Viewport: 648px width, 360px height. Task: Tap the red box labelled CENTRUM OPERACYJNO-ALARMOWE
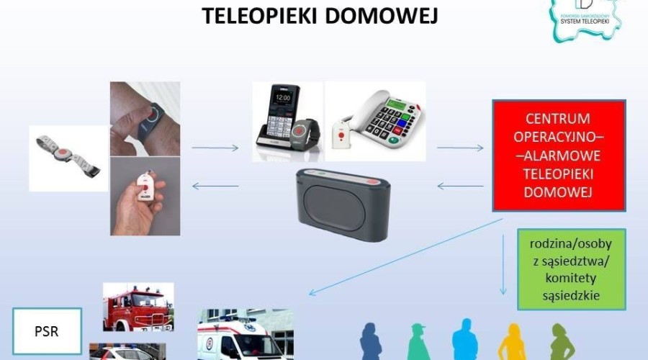pyautogui.click(x=558, y=156)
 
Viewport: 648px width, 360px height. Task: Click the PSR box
pyautogui.click(x=47, y=333)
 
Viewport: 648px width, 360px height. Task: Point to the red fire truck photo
pyautogui.click(x=138, y=306)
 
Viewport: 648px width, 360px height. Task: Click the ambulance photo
pyautogui.click(x=246, y=336)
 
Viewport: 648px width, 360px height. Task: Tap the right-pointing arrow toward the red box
pyautogui.click(x=460, y=148)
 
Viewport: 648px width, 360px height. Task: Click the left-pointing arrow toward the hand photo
pyautogui.click(x=216, y=186)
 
